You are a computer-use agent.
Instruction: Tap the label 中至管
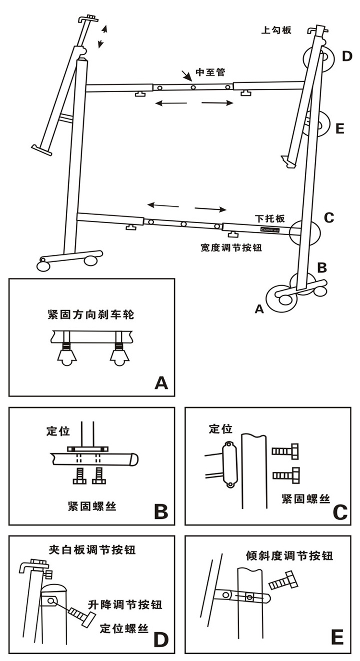pyautogui.click(x=210, y=73)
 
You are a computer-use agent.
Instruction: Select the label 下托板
pyautogui.click(x=270, y=218)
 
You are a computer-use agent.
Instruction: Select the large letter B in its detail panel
pyautogui.click(x=161, y=512)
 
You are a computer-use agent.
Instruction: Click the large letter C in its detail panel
pyautogui.click(x=339, y=512)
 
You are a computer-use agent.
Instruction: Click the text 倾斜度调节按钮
pyautogui.click(x=289, y=556)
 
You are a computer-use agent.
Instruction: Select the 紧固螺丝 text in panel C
pyautogui.click(x=306, y=499)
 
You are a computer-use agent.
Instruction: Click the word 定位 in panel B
pyautogui.click(x=58, y=431)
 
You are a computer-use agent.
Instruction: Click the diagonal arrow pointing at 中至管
pyautogui.click(x=186, y=75)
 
